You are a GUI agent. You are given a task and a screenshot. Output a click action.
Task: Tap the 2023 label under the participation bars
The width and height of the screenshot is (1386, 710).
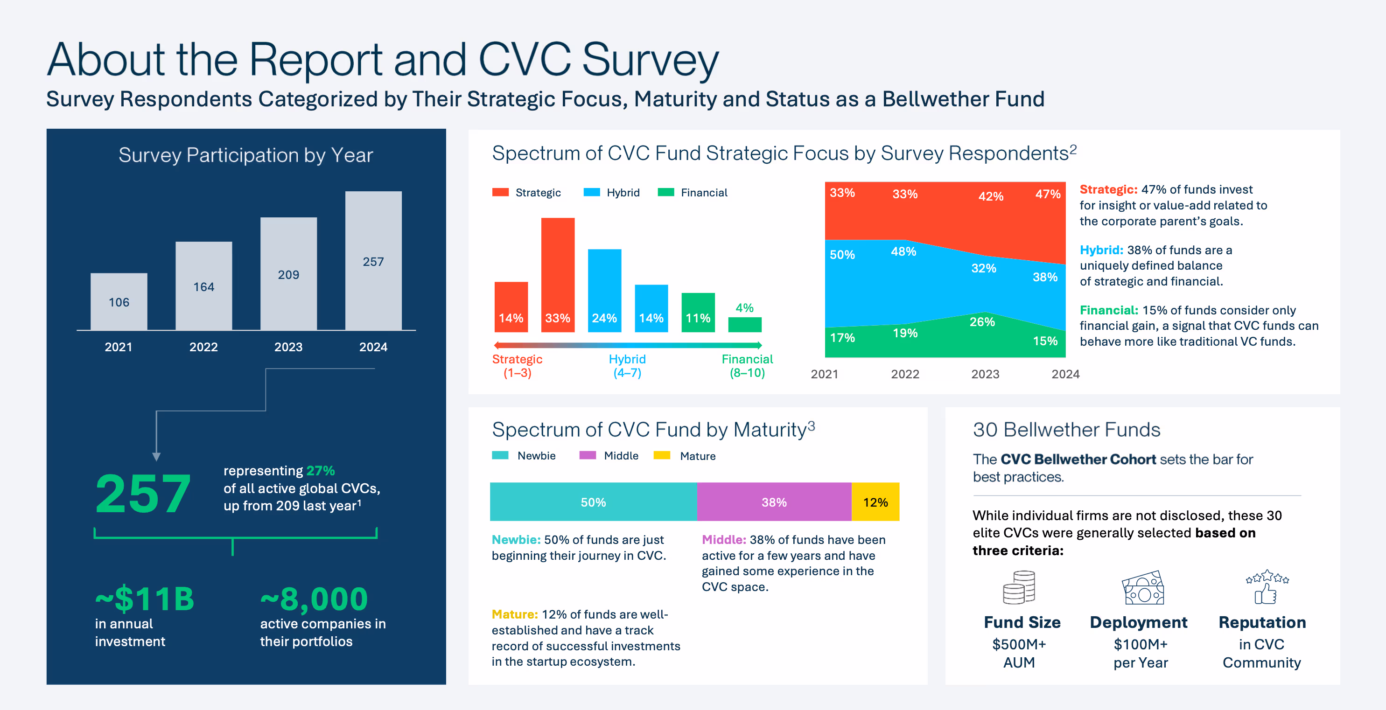pos(288,347)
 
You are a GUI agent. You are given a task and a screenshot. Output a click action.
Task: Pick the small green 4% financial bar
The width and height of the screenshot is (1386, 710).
pos(745,324)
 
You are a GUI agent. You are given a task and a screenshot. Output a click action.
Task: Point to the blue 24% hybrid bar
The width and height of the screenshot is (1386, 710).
pos(604,291)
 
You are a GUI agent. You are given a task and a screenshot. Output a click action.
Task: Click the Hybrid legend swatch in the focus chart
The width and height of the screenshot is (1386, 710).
pos(591,193)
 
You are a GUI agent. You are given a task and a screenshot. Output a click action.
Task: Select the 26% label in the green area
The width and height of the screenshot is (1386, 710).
pos(982,322)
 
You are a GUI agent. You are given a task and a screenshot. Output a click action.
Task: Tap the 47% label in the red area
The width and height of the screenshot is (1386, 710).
pos(1048,194)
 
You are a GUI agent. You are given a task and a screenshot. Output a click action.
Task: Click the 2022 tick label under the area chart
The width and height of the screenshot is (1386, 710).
pos(905,375)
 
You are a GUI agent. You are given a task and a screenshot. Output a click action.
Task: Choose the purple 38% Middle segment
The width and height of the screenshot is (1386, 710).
pos(774,502)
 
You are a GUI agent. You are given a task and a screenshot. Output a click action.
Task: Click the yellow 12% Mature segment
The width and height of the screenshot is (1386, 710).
pos(875,502)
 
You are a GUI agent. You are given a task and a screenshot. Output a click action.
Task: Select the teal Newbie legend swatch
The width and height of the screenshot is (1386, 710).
pos(500,456)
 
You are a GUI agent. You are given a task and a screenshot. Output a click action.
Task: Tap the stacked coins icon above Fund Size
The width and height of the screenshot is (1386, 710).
pos(1019,587)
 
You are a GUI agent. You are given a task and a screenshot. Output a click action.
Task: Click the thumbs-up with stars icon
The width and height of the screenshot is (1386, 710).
pos(1267,587)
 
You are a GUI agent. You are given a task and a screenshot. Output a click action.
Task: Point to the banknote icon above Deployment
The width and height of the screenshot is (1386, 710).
pos(1142,588)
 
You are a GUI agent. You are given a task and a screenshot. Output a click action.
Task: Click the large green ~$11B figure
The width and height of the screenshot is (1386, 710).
pos(144,599)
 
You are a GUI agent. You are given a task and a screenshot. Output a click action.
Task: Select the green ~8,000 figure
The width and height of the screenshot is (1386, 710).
pos(314,599)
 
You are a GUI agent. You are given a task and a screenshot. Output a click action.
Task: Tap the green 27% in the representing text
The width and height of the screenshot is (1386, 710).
pos(321,471)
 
